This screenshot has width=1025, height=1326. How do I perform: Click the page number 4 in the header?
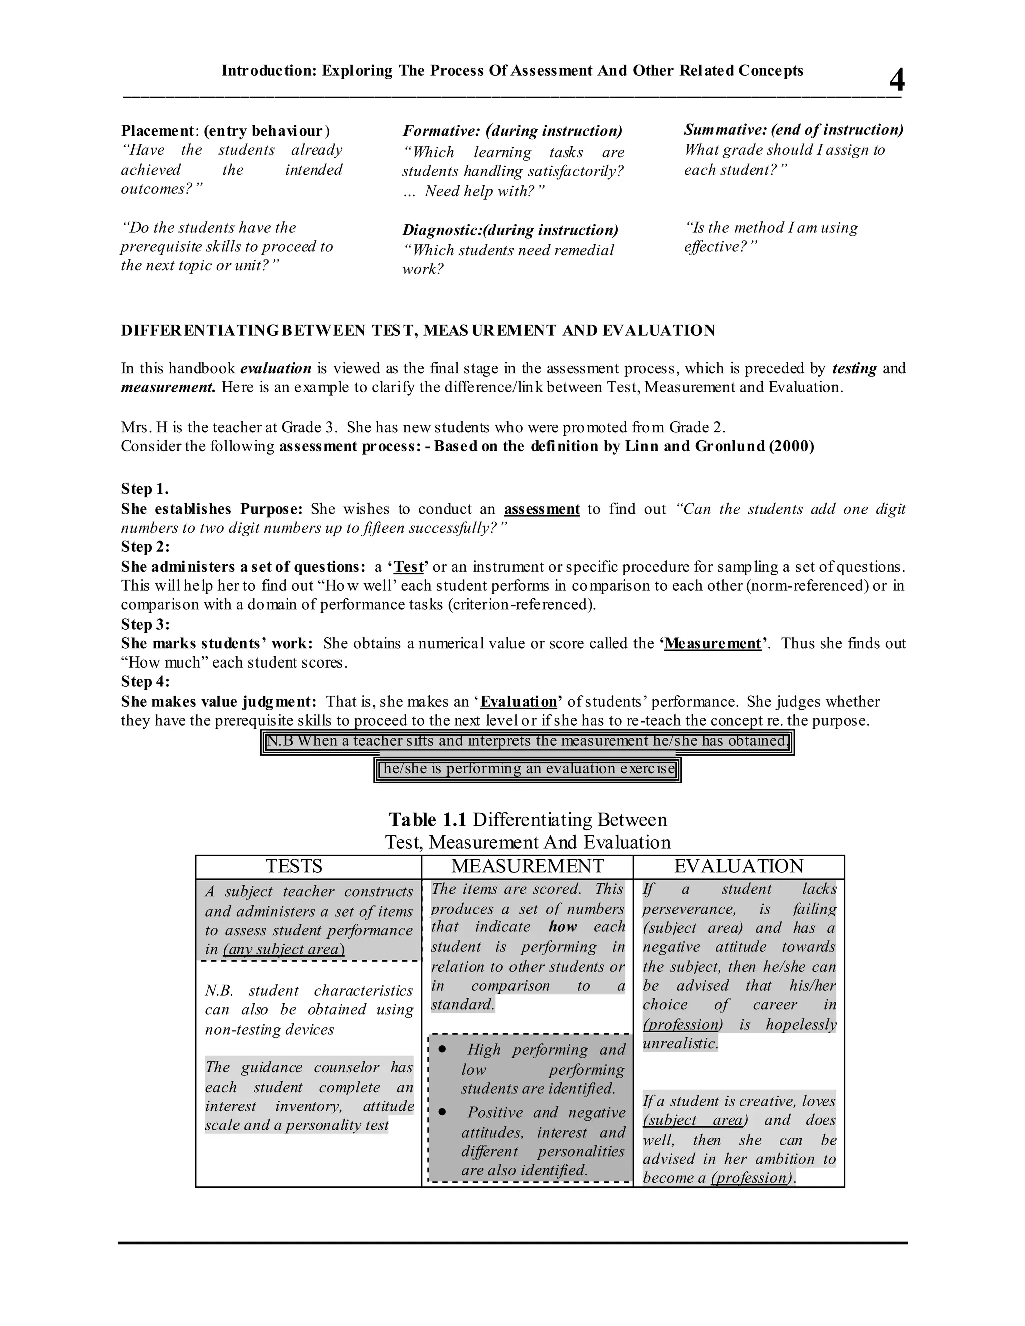click(896, 80)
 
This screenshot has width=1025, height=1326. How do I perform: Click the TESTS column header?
click(294, 866)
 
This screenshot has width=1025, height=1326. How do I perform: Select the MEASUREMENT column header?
click(527, 866)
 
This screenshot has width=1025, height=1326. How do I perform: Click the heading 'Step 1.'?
click(145, 489)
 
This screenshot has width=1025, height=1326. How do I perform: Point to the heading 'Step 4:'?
click(145, 681)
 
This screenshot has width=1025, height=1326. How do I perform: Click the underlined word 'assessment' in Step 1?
click(542, 509)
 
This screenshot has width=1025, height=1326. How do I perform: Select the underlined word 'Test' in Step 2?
click(409, 567)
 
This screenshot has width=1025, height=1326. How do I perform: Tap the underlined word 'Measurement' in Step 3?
click(712, 643)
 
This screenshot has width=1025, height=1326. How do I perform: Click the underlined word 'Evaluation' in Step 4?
click(519, 701)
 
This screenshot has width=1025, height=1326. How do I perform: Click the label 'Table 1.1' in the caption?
click(427, 820)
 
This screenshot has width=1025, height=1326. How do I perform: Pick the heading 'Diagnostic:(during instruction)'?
click(510, 230)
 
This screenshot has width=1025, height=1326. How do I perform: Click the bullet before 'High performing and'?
click(442, 1049)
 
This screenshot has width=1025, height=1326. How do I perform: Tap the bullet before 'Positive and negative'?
click(442, 1112)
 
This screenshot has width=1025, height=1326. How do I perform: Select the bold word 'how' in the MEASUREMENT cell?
click(562, 927)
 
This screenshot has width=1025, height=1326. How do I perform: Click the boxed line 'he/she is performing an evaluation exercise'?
click(527, 769)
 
